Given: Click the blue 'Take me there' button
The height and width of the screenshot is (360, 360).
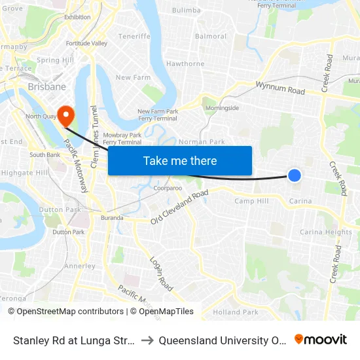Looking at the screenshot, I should pos(180,160).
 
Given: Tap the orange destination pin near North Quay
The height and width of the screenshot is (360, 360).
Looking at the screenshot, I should pos(66,116).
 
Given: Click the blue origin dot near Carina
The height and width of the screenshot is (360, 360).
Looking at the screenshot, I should pos(295,175).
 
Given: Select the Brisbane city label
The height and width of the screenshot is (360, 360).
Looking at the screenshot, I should pos(46,86).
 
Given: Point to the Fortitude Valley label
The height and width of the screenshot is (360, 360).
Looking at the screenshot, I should pos(86,43).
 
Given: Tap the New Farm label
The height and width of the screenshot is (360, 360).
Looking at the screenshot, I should pos(133,77).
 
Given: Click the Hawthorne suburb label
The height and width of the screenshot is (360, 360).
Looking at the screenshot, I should pos(185,63).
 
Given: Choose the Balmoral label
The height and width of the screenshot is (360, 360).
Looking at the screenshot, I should pos(211,36).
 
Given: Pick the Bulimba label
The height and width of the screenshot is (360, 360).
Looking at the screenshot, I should pos(186,10).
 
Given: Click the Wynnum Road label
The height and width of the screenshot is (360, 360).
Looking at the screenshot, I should pos(280,88).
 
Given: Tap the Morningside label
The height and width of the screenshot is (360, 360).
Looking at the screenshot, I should pos(223,107).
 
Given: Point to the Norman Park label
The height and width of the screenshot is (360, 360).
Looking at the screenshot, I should pos(202,141).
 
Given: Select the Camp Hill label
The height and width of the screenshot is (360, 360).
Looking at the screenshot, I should pos(252,201).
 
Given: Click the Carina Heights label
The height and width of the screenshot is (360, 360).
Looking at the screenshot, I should pos(326,232).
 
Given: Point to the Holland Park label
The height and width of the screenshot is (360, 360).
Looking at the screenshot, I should pos(236,312).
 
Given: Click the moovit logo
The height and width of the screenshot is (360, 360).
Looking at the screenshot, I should pos(320,339).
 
